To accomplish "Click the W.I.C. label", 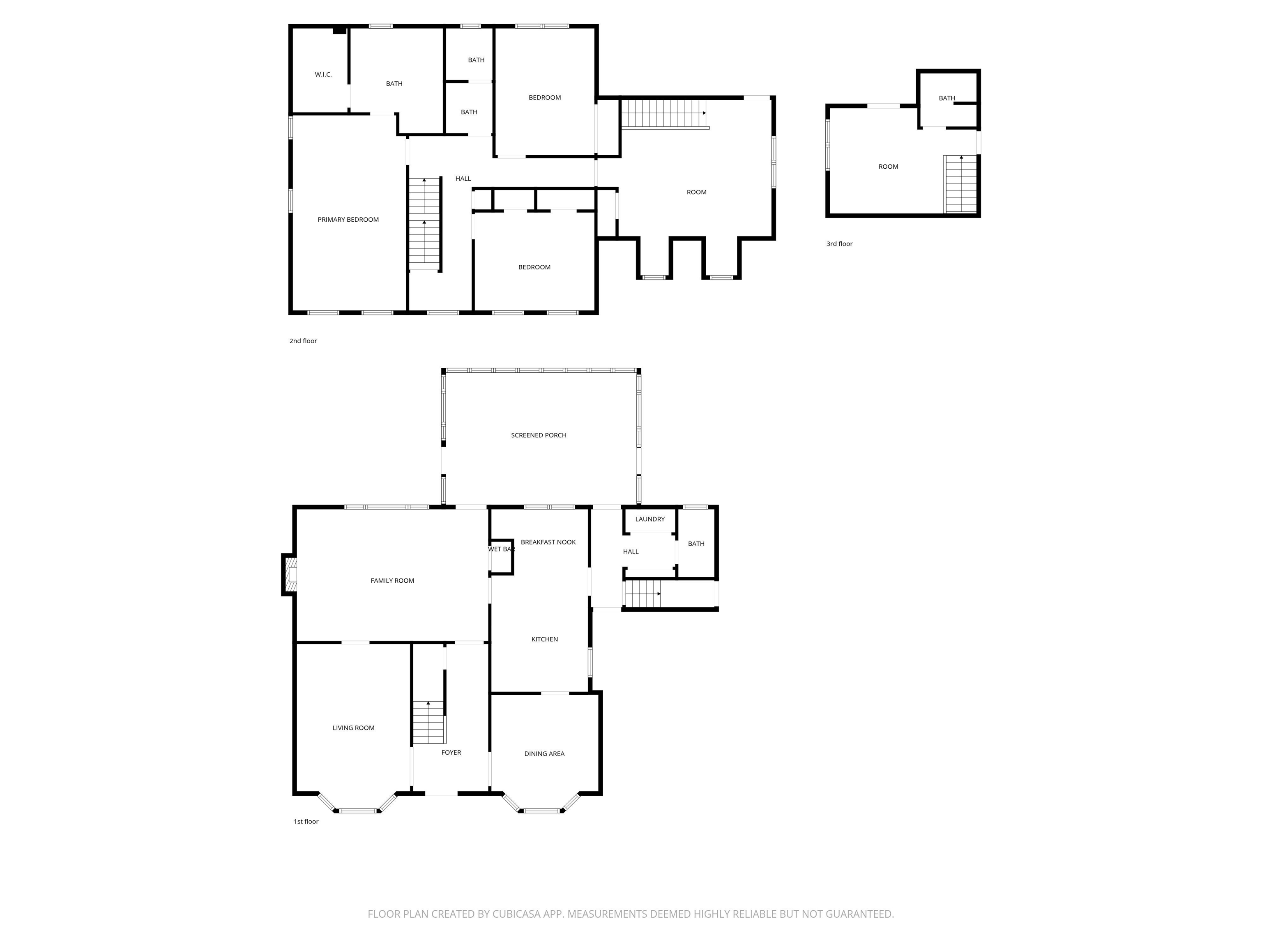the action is click(323, 75).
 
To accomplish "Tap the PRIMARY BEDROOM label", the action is click(348, 220).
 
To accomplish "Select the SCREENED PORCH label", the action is click(539, 435).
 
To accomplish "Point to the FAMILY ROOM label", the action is click(392, 581).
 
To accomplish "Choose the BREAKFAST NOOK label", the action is click(548, 542).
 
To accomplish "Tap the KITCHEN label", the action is click(545, 639).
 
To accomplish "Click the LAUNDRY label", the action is click(650, 519).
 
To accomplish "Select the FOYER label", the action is click(451, 752).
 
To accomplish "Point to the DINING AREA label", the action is click(544, 753).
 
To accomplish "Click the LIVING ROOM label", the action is click(354, 728).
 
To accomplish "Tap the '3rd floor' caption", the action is click(839, 243).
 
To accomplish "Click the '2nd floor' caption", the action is click(303, 340).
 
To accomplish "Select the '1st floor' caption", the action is click(306, 821).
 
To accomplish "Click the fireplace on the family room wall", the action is click(289, 575).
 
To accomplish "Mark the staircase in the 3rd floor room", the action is click(961, 184).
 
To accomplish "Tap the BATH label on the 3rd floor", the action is click(947, 98).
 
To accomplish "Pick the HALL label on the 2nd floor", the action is click(463, 179).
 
